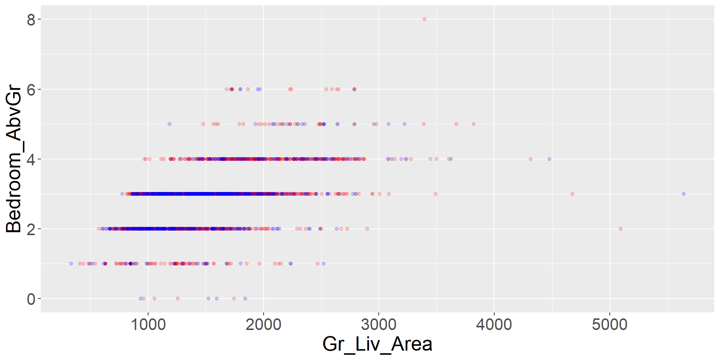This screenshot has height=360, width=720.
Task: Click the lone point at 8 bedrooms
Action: [424, 19]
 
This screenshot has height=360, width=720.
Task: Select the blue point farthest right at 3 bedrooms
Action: [683, 194]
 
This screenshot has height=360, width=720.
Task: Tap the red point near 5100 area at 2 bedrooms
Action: [620, 229]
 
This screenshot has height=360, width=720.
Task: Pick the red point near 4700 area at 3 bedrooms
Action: [572, 194]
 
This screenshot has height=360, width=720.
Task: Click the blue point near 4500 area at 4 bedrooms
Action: [549, 159]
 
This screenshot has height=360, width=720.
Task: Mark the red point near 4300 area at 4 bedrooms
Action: [530, 159]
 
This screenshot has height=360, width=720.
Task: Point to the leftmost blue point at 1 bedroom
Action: [71, 264]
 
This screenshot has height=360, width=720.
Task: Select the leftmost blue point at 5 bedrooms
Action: [169, 124]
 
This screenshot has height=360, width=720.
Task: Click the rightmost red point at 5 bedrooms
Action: [473, 124]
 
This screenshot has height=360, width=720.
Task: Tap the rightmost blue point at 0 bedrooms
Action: [245, 298]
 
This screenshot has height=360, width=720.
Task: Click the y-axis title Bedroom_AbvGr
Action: [14, 159]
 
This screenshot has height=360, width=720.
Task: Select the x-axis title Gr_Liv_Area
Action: [377, 344]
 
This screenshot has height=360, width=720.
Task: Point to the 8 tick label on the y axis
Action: [31, 19]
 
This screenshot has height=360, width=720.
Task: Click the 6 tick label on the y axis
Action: [31, 90]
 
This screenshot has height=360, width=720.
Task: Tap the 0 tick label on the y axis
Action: [31, 299]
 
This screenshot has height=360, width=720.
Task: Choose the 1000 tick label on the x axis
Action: [148, 324]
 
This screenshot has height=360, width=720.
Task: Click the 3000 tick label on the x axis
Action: [379, 324]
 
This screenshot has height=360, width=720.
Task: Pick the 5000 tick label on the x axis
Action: [609, 324]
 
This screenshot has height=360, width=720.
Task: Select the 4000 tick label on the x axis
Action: [494, 324]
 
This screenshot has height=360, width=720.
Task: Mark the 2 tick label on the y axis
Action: [31, 229]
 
